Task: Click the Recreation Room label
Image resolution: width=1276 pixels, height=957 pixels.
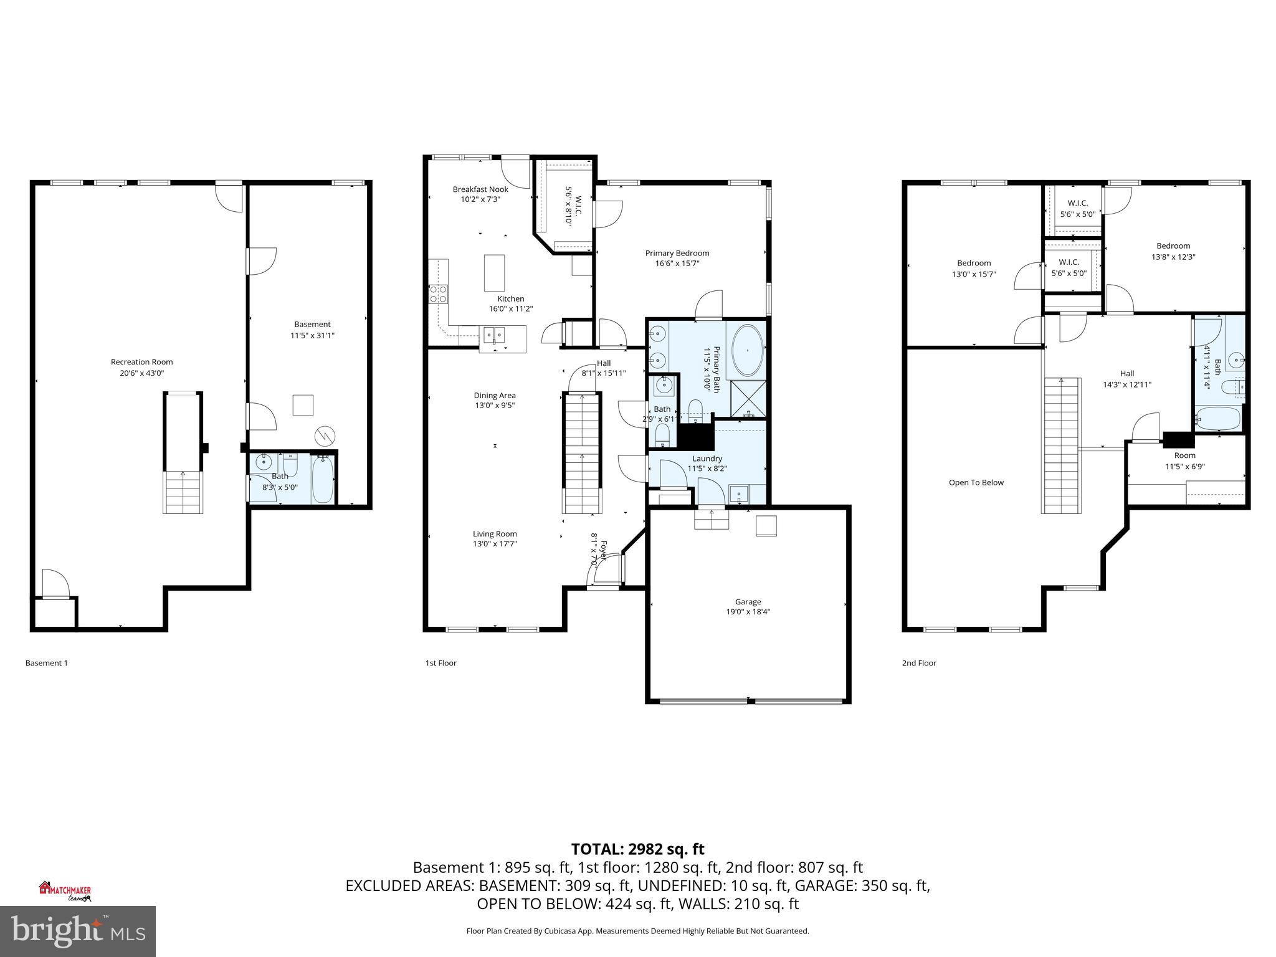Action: [x=141, y=362]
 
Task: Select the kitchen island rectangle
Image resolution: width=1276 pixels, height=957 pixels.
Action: [x=495, y=272]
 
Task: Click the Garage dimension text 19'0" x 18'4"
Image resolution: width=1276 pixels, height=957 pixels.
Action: [x=748, y=612]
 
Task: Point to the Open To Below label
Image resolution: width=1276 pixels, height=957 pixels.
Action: [x=976, y=483]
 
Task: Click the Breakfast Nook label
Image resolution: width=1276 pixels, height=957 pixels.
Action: [x=480, y=189]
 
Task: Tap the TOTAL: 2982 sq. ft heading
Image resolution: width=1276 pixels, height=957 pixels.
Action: [x=637, y=849]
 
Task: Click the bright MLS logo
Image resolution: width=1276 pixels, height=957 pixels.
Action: [x=77, y=931]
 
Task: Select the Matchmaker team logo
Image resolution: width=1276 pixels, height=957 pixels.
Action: [x=65, y=891]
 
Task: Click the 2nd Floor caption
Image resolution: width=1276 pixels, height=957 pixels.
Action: [x=919, y=663]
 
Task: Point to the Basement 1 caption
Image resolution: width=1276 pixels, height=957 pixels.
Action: [x=47, y=663]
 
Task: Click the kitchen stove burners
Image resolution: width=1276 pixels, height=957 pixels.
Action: [x=438, y=294]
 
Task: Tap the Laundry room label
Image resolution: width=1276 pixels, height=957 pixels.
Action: [x=707, y=459]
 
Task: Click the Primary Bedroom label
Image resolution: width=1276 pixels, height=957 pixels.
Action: [x=677, y=253]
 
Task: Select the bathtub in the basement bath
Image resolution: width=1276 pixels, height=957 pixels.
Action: [x=323, y=480]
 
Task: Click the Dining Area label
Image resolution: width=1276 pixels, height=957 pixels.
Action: [x=495, y=395]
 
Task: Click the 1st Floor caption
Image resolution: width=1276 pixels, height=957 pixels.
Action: [x=440, y=663]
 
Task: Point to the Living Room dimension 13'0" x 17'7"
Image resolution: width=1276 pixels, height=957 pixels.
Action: [x=495, y=544]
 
